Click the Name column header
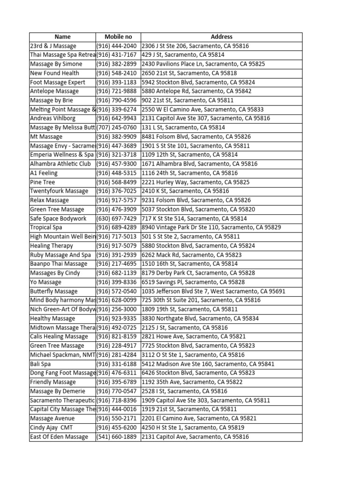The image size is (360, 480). (x=62, y=37)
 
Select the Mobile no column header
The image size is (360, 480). (x=118, y=37)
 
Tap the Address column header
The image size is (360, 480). (x=221, y=37)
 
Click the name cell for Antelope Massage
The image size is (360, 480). (x=54, y=91)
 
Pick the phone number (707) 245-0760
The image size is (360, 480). (x=117, y=127)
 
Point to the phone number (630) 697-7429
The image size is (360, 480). (x=117, y=218)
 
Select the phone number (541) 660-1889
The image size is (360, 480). (x=117, y=437)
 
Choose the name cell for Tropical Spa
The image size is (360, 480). (x=46, y=227)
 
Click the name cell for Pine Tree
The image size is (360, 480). (x=43, y=182)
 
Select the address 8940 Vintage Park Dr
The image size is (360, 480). (x=211, y=227)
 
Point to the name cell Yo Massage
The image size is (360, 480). (x=45, y=282)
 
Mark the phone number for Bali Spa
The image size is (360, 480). (x=117, y=364)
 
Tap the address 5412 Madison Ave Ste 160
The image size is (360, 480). (x=208, y=364)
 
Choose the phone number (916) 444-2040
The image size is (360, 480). (x=117, y=46)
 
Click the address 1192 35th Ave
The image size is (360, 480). (x=192, y=382)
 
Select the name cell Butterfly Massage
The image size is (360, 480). (x=54, y=291)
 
